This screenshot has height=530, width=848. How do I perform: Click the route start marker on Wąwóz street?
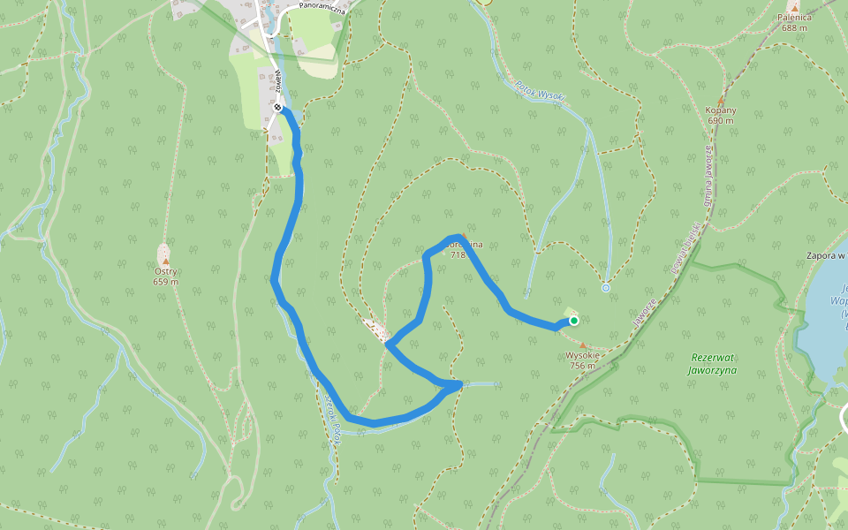(x=278, y=108)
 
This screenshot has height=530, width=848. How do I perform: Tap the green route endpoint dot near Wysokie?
(x=573, y=321)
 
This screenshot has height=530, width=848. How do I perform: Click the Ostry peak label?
(x=165, y=272)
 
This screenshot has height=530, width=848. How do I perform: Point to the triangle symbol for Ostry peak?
(x=165, y=261)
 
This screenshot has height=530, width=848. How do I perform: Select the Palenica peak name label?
(x=794, y=17)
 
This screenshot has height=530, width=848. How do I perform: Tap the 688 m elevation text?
(x=794, y=27)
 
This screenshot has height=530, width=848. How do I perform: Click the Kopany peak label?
(x=721, y=110)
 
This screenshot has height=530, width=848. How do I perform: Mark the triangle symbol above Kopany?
(x=721, y=101)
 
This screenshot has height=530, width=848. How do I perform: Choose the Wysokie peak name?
(x=582, y=355)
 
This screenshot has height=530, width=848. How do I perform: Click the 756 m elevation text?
(x=582, y=365)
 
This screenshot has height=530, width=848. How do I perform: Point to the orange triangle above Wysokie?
(x=582, y=345)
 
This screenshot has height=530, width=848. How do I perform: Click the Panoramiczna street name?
(x=320, y=5)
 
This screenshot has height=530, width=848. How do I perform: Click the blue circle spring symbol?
(x=606, y=288)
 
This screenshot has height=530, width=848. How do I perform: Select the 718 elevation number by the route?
(x=458, y=254)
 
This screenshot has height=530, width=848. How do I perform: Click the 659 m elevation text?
(x=165, y=283)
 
